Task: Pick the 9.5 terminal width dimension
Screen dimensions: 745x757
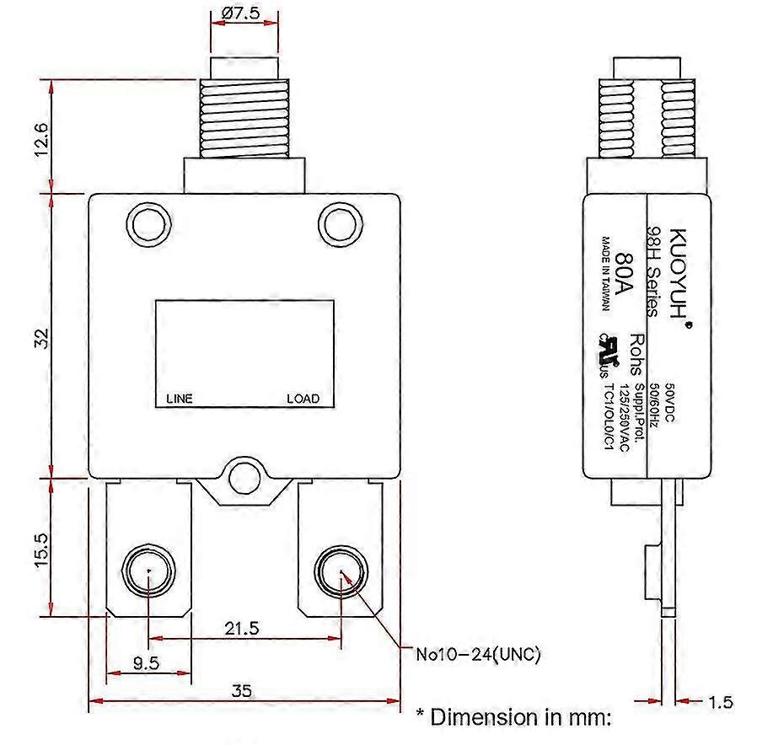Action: [x=146, y=662]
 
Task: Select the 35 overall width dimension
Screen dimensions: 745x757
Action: [x=241, y=691]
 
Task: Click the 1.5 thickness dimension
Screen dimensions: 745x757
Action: [x=722, y=701]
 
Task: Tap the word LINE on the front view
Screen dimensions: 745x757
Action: [x=179, y=399]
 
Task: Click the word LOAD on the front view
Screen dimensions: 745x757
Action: [x=303, y=399]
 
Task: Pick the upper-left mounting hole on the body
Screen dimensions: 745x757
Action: [x=148, y=224]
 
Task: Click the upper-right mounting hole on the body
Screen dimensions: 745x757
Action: [x=339, y=224]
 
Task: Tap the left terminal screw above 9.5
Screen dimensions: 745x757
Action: [x=148, y=571]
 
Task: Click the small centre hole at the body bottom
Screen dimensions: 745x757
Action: [x=244, y=477]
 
